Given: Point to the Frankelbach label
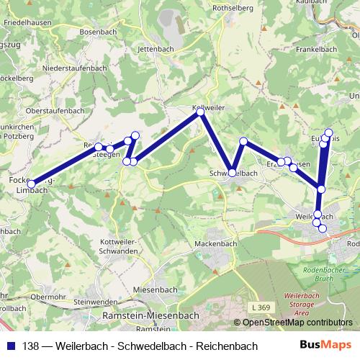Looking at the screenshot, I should (316, 50).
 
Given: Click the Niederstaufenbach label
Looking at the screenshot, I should (73, 68).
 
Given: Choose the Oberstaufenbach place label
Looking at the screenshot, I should (54, 110).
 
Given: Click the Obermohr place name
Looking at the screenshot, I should (49, 296).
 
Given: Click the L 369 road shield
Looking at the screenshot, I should (263, 307).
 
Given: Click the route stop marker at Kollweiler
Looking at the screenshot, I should (200, 112).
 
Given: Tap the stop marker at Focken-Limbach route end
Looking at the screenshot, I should (31, 184).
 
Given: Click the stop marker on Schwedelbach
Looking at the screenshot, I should (232, 172).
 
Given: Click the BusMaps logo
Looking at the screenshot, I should (328, 346).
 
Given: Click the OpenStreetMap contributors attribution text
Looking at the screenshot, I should (297, 322).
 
